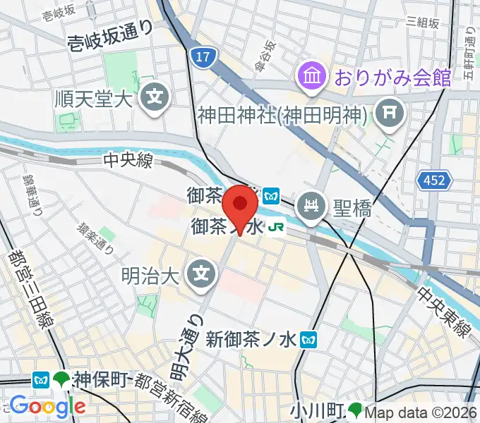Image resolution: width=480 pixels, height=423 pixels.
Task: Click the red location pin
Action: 240,204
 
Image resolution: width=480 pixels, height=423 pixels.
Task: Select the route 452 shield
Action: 435,181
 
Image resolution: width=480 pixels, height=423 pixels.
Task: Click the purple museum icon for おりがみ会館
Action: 311,75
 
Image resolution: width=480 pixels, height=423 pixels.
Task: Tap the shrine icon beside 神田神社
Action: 389,111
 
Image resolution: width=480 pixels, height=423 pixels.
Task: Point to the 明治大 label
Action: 146,270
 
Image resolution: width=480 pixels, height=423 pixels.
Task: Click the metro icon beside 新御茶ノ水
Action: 308,340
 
